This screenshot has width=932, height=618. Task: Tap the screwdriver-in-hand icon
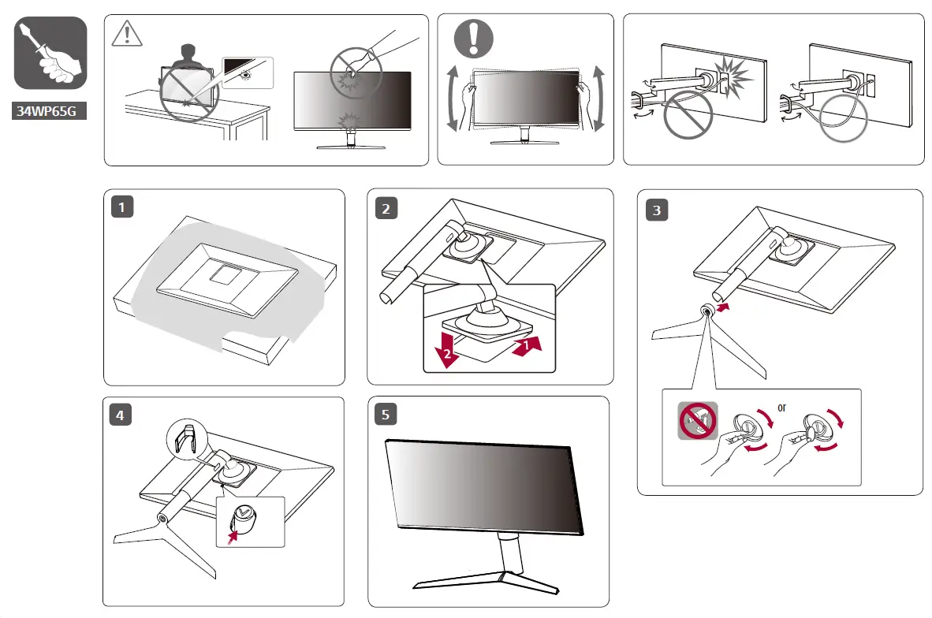pos(50,53)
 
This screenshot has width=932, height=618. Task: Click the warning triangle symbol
pos(123,34)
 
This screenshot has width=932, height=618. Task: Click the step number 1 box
pos(122,208)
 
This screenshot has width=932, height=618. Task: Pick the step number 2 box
pos(386,208)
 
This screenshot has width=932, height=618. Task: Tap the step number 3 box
pos(656,210)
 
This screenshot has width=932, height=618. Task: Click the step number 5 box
pos(386,414)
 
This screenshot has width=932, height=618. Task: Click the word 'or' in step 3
pos(781,408)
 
